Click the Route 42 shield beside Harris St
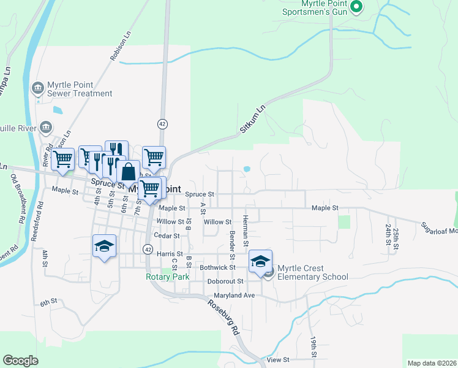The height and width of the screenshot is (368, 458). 148,248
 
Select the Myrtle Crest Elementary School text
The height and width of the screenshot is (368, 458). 312,272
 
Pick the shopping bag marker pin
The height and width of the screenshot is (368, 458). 128,171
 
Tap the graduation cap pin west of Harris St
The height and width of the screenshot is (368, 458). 104,246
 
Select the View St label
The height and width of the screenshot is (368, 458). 277,360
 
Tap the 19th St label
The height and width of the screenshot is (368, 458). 313,347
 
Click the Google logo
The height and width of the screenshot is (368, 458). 20,361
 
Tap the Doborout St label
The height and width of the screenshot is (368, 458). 225,281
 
